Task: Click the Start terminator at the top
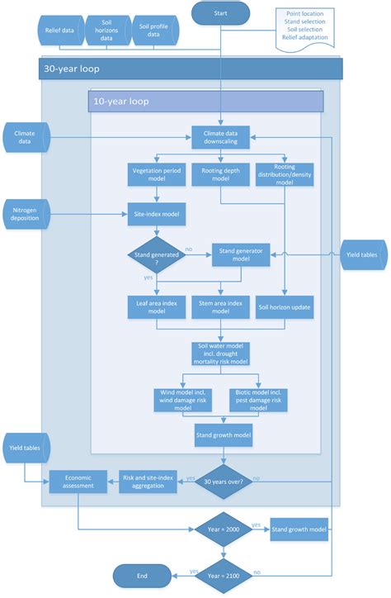(219, 13)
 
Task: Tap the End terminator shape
(142, 576)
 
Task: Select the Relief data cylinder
(62, 31)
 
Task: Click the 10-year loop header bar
(206, 102)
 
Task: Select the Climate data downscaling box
(219, 136)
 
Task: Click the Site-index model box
(156, 216)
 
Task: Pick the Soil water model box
(219, 353)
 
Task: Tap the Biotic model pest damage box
(259, 399)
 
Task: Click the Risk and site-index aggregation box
(148, 481)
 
